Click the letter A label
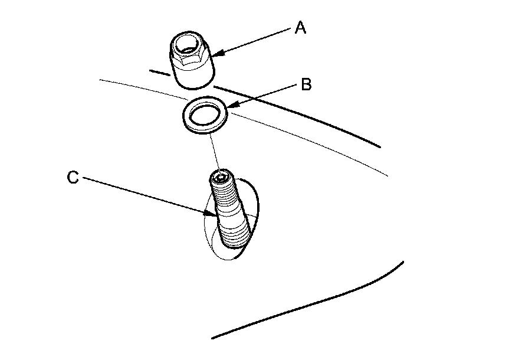(x=300, y=28)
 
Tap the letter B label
(x=306, y=84)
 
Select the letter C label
(x=73, y=178)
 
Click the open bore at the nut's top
(x=191, y=44)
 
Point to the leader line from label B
(x=265, y=95)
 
